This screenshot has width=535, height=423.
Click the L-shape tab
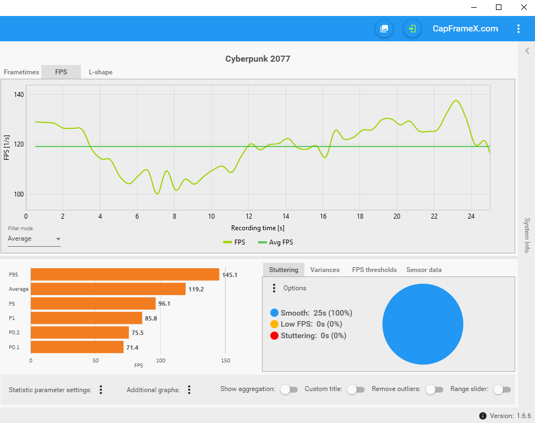101,72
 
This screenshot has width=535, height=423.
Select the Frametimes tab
21,72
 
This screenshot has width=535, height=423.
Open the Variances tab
325,270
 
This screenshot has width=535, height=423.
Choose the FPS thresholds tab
374,270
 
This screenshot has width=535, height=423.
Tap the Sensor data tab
424,270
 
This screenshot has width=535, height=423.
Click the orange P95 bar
125,274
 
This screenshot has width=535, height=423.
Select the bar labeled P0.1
77,347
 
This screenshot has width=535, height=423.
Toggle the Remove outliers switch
434,389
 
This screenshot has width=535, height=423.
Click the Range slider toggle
502,389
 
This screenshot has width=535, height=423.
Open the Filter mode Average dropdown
34,239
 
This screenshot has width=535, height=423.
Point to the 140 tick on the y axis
19,95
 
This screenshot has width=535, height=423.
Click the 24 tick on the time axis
471,216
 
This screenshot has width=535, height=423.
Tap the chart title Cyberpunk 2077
258,59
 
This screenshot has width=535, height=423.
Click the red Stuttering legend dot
275,335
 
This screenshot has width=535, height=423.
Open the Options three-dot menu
274,288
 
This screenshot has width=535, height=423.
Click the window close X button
523,7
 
